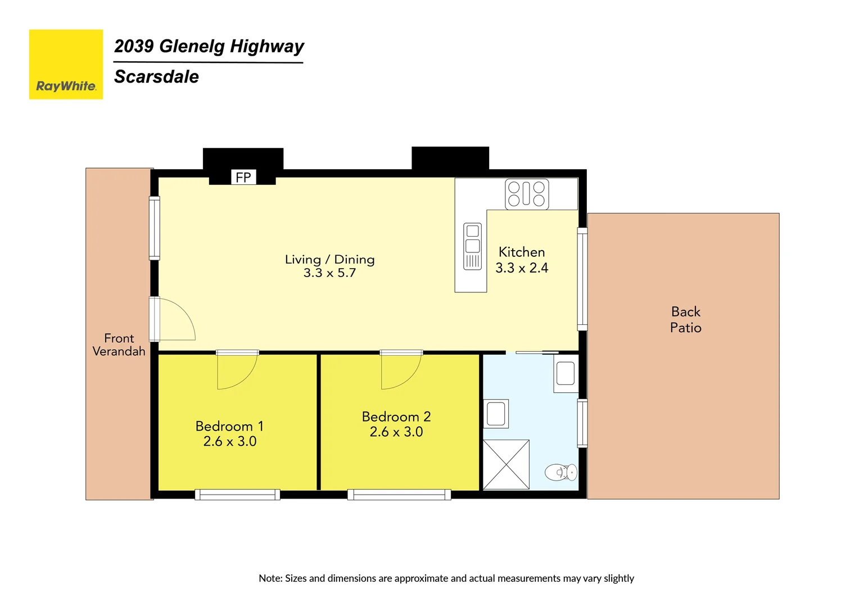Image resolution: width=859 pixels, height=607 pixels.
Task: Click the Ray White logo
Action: [66, 65]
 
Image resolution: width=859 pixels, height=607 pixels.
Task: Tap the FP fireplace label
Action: [243, 178]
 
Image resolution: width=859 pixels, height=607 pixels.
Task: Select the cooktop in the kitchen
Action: [527, 194]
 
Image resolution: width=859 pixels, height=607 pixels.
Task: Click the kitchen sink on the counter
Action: [472, 247]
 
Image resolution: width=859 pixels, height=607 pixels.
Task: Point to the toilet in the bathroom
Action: [561, 472]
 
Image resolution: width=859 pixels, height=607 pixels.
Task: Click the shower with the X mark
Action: [506, 465]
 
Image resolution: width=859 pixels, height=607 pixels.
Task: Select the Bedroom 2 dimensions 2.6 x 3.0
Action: [396, 432]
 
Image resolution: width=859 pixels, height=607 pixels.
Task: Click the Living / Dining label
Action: [330, 260]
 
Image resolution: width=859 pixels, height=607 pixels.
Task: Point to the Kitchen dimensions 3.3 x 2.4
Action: [522, 268]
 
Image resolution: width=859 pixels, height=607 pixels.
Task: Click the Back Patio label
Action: [686, 319]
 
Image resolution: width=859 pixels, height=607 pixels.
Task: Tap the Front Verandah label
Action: [119, 345]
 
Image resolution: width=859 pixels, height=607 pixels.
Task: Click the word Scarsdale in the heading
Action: [156, 76]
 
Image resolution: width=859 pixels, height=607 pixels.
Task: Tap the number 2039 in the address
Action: [134, 46]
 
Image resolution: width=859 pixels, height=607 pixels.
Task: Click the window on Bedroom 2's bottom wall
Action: [399, 495]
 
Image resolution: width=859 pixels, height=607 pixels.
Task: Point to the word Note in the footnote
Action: [270, 578]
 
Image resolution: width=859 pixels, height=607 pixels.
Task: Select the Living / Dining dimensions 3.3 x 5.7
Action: [330, 273]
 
